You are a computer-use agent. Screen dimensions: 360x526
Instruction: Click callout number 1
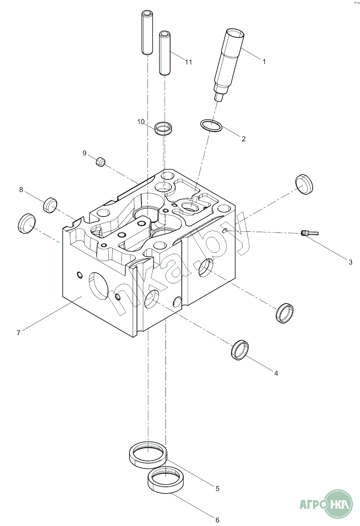coord(264,61)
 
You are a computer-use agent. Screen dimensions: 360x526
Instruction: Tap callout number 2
coord(244,139)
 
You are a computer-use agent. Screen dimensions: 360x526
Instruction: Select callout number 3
coord(350,262)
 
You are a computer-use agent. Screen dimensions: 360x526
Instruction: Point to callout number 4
coord(276,373)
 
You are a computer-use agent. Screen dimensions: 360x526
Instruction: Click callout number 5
coord(217,489)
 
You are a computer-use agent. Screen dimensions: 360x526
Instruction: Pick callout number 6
coord(217,520)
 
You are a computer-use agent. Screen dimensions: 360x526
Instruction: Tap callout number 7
coord(18,333)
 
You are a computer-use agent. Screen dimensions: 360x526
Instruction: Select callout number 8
coord(21,190)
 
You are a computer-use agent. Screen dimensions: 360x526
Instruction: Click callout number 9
coord(84,153)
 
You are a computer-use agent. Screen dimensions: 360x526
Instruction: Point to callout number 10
coord(141,122)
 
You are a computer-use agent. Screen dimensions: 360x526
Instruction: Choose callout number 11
coord(189,62)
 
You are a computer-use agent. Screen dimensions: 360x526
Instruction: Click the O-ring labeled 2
coord(211,125)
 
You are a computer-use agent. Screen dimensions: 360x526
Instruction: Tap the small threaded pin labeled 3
coord(310,233)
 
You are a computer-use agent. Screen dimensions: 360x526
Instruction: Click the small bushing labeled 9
coord(101,162)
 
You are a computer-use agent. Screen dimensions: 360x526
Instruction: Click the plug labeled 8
coord(50,205)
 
